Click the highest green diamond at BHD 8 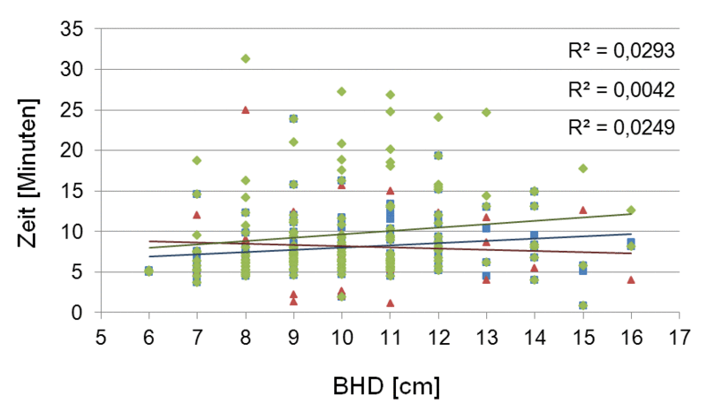pos(246,58)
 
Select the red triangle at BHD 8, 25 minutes pos(246,110)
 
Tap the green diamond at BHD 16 pos(631,210)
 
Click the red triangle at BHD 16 pos(631,279)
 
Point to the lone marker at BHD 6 pos(149,271)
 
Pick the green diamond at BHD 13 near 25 pos(486,112)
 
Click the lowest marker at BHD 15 pos(582,305)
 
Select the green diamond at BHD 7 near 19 pos(197,160)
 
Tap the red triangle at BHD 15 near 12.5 pos(582,210)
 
